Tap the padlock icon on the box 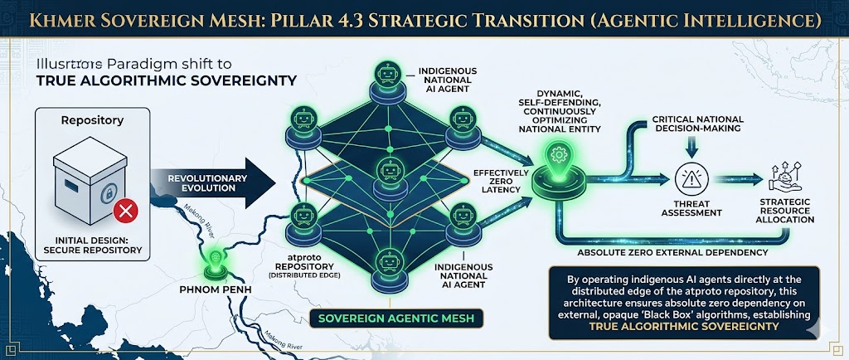(106, 195)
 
